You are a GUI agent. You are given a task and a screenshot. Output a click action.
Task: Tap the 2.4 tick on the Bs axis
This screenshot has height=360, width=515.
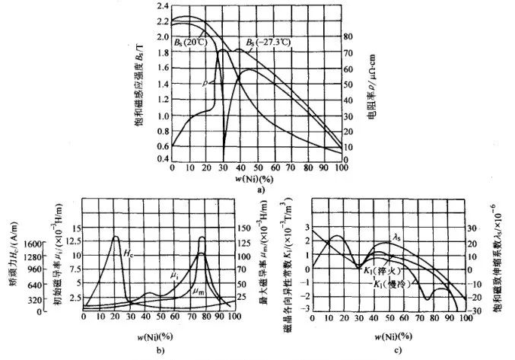[x=162, y=6]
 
